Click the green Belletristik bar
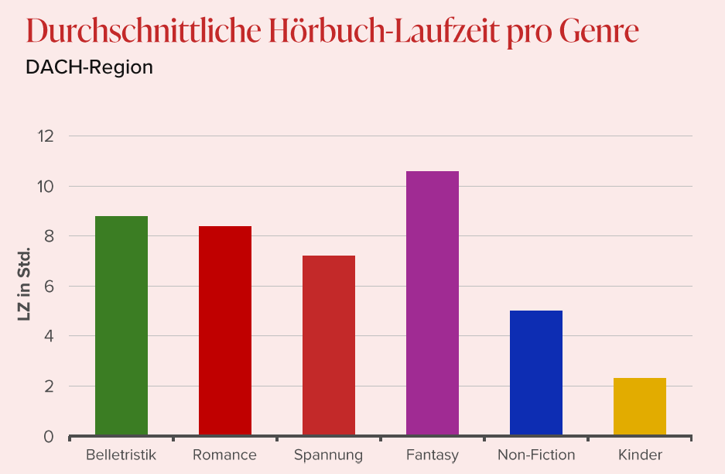tap(121, 325)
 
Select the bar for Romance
tap(225, 331)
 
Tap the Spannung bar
tap(329, 345)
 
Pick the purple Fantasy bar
tap(433, 303)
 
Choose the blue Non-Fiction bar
tap(536, 373)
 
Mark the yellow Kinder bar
tap(640, 407)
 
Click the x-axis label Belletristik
tap(121, 455)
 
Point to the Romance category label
tap(224, 455)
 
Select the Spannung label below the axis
tap(328, 455)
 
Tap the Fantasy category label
tap(433, 455)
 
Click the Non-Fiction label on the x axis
tap(536, 455)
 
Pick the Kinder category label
tap(640, 455)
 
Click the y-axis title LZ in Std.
tap(23, 285)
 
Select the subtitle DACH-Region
tap(89, 67)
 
